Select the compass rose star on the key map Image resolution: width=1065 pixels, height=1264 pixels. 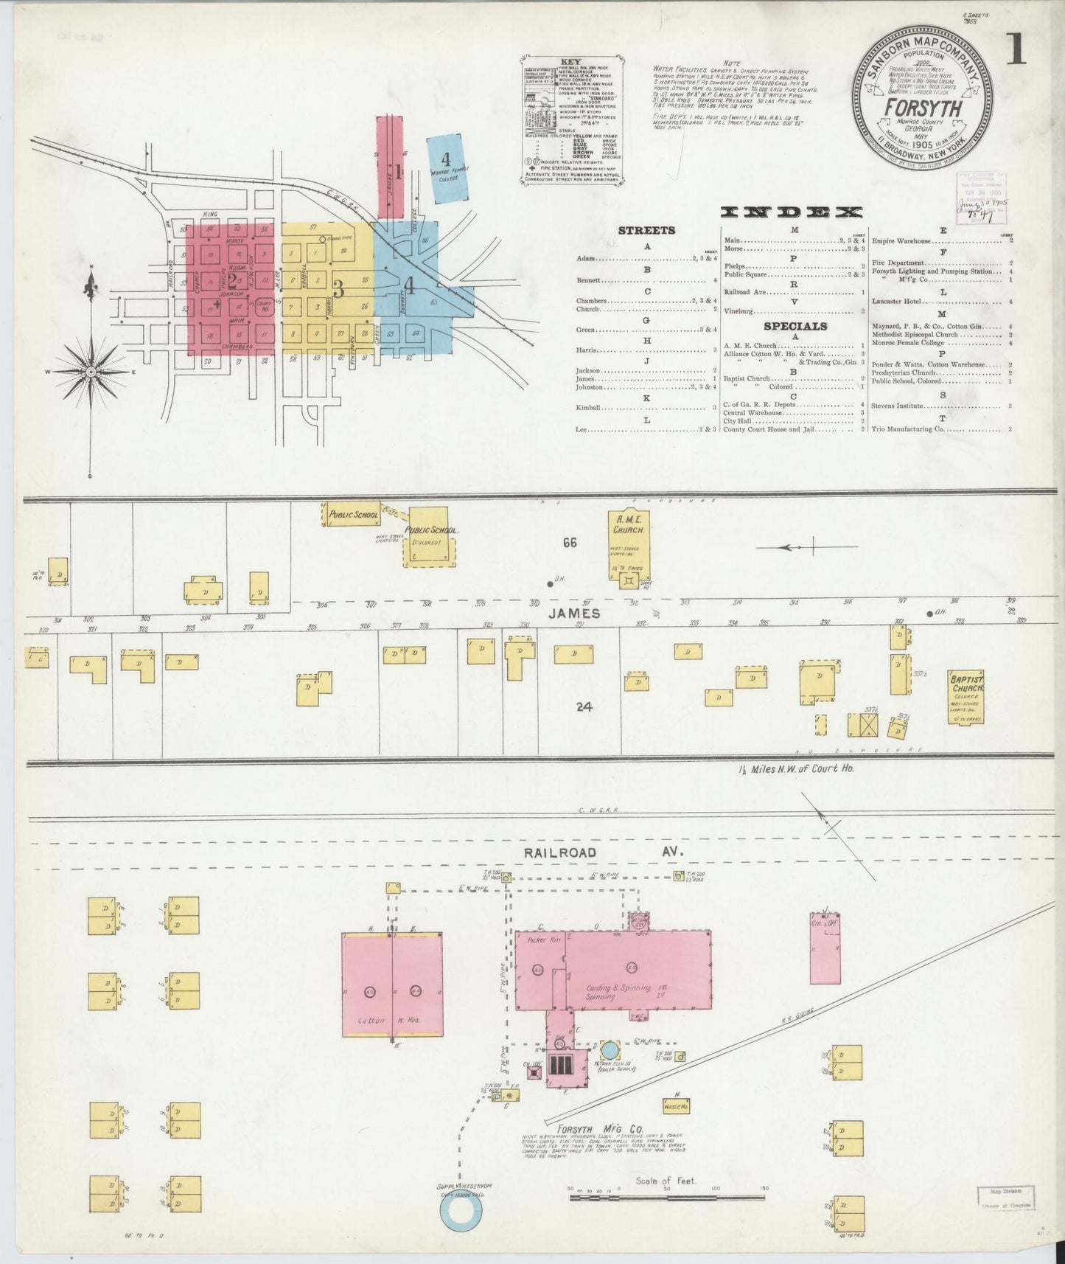(91, 372)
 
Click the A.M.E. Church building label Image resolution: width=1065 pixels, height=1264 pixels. (629, 524)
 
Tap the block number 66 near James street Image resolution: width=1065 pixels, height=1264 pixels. (570, 543)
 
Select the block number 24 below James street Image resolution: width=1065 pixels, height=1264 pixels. (584, 706)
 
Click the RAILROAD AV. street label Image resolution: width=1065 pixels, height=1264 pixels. (604, 852)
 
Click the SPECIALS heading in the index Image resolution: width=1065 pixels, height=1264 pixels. (795, 326)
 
